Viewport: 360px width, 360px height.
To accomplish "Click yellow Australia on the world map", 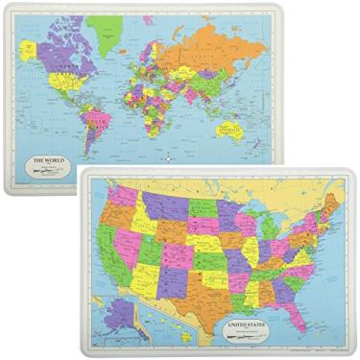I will (231, 130).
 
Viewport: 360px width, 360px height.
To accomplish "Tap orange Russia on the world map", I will (211, 43).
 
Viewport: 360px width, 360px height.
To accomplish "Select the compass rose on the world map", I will (168, 157).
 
